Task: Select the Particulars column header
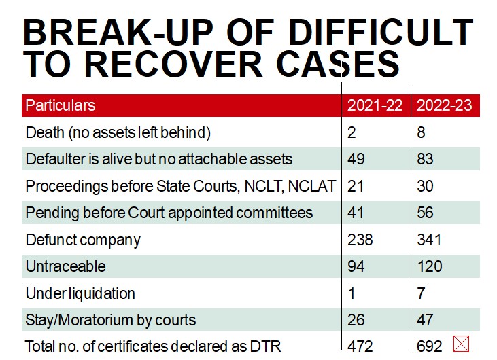tap(61, 105)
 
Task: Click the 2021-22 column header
tap(375, 105)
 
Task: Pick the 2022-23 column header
tap(444, 105)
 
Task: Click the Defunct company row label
tap(83, 239)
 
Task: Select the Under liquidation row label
tap(80, 293)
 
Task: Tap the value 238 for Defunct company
tap(360, 239)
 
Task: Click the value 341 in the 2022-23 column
tap(429, 239)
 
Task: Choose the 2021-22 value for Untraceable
tap(356, 266)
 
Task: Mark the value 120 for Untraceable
tap(430, 266)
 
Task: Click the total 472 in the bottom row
tap(360, 346)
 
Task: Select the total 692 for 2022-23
tap(430, 346)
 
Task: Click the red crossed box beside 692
tap(461, 344)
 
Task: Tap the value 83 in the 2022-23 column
tap(426, 159)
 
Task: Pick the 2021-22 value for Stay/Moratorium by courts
tap(356, 319)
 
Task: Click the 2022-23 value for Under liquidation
tap(422, 293)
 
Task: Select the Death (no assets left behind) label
tap(118, 132)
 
